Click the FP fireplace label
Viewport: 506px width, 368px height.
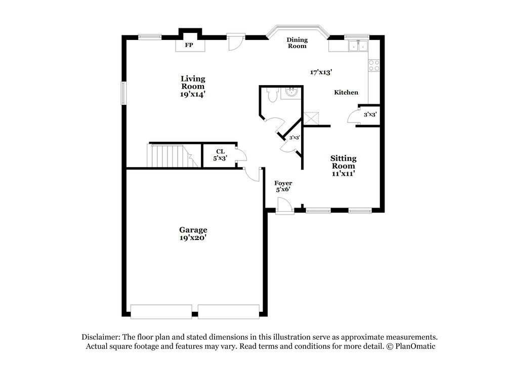pos(189,46)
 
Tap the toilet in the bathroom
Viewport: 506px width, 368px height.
pos(273,95)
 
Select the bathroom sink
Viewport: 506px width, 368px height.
pos(291,93)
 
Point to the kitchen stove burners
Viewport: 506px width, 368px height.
pos(374,65)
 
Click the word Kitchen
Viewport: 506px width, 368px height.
pos(346,93)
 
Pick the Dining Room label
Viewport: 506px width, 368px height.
pos(297,43)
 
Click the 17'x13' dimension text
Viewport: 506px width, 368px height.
pos(321,72)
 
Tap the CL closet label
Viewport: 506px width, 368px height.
pos(220,151)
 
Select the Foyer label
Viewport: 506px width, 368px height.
pos(283,183)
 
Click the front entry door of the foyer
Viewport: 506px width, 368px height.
pos(284,207)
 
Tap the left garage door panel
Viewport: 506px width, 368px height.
pos(161,311)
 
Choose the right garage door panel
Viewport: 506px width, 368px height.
pos(228,311)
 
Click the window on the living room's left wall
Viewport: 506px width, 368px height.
pos(123,94)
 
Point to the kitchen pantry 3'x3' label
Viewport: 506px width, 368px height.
pos(370,114)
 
